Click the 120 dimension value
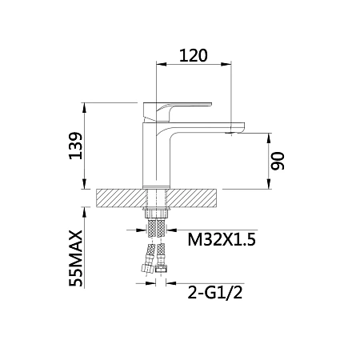pos(193,55)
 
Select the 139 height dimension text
pos(76,146)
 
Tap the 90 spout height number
pos(278,161)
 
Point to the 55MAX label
pos(76,258)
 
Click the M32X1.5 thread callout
pos(222,239)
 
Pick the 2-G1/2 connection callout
pos(215,293)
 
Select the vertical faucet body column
pos(156,154)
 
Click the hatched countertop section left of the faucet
pos(122,198)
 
